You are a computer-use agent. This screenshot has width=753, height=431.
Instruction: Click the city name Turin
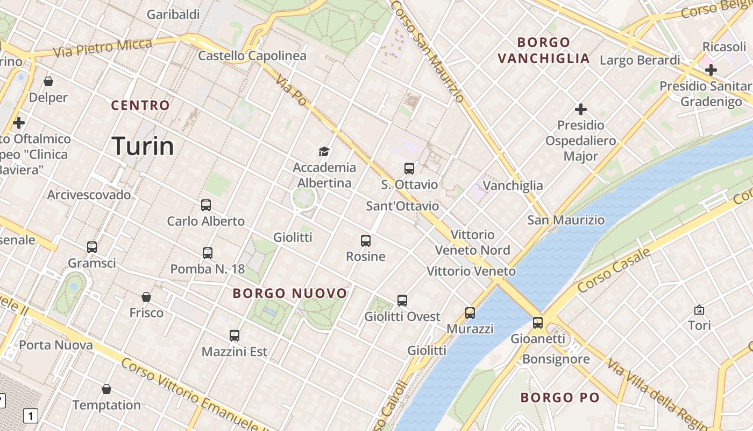click(x=143, y=146)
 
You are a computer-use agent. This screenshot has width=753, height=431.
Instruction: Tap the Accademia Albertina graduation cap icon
click(x=324, y=151)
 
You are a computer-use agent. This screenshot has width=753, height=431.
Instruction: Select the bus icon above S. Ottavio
click(x=409, y=169)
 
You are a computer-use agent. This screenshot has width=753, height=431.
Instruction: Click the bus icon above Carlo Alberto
click(x=206, y=205)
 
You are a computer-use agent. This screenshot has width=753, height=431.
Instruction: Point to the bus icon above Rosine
click(x=366, y=241)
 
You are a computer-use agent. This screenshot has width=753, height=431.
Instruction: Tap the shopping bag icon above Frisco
click(x=146, y=297)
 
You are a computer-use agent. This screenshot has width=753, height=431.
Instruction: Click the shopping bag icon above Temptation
click(x=106, y=389)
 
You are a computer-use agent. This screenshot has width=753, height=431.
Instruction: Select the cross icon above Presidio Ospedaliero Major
click(x=581, y=109)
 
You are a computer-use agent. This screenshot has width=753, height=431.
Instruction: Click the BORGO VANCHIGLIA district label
click(x=544, y=50)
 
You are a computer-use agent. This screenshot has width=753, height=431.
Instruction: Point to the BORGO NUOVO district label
click(x=290, y=294)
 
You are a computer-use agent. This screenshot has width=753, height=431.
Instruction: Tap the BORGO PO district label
click(x=560, y=398)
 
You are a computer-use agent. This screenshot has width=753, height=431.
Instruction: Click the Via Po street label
click(x=291, y=90)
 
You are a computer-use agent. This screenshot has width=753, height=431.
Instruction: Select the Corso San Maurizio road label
click(x=428, y=51)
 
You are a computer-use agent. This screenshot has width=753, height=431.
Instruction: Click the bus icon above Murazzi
click(x=470, y=312)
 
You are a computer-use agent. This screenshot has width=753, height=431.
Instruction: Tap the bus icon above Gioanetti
click(x=538, y=323)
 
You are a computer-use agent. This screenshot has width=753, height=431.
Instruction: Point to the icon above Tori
click(x=699, y=310)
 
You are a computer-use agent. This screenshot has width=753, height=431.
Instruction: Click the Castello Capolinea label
click(x=252, y=55)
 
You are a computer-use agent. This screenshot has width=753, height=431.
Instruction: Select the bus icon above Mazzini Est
click(x=235, y=336)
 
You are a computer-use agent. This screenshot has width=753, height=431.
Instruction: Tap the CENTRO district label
click(x=140, y=105)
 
